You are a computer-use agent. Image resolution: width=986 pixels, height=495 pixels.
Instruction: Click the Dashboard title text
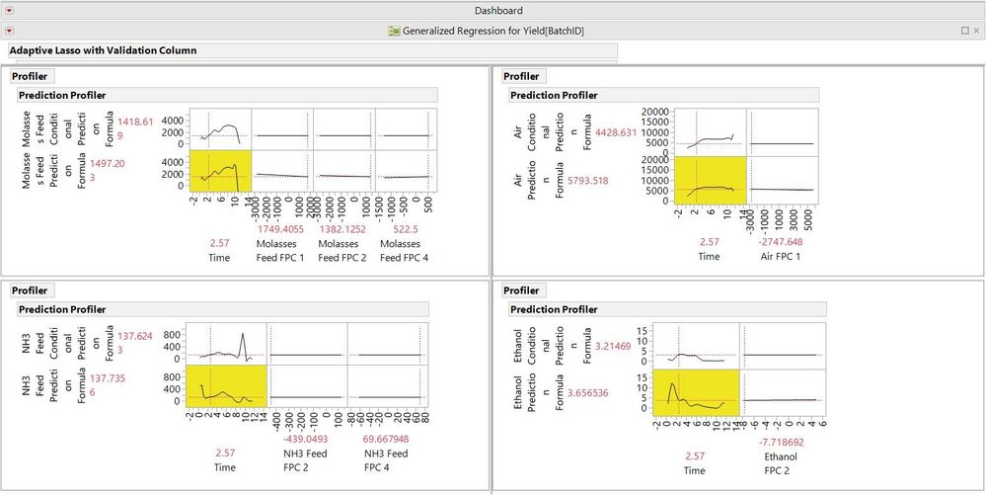(498, 11)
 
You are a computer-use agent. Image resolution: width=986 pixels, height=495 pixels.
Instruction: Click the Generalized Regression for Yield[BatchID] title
(493, 31)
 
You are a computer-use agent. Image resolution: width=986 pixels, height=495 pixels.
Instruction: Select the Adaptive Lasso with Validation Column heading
(103, 50)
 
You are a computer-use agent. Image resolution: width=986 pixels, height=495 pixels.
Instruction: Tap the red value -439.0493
(308, 439)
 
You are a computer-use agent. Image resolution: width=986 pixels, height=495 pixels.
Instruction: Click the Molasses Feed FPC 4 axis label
(406, 250)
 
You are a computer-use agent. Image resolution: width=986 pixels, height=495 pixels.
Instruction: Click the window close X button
(976, 31)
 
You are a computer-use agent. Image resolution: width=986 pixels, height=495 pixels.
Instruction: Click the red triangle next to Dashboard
(10, 11)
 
